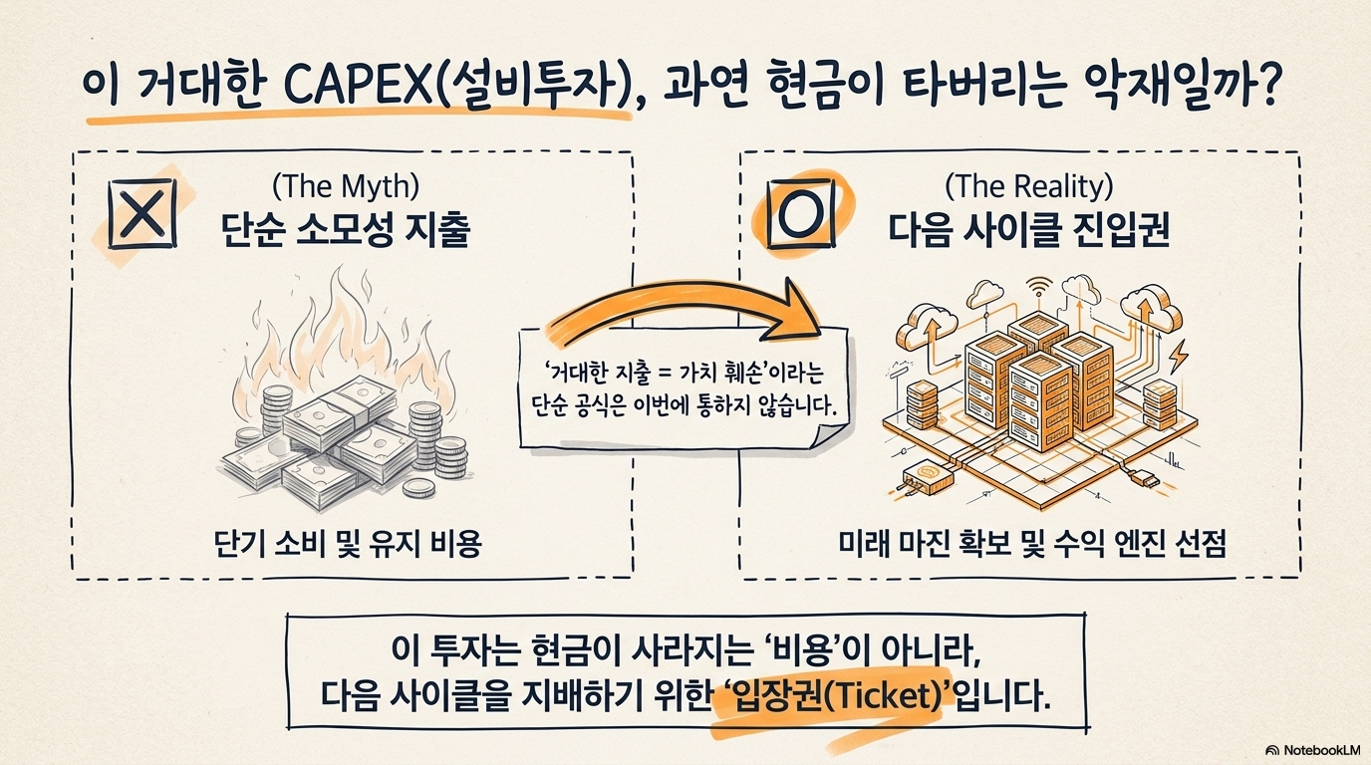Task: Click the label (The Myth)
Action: click(x=344, y=185)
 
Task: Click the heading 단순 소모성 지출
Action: click(x=344, y=230)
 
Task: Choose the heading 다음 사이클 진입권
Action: click(x=1028, y=230)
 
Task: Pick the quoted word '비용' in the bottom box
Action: click(x=798, y=648)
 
